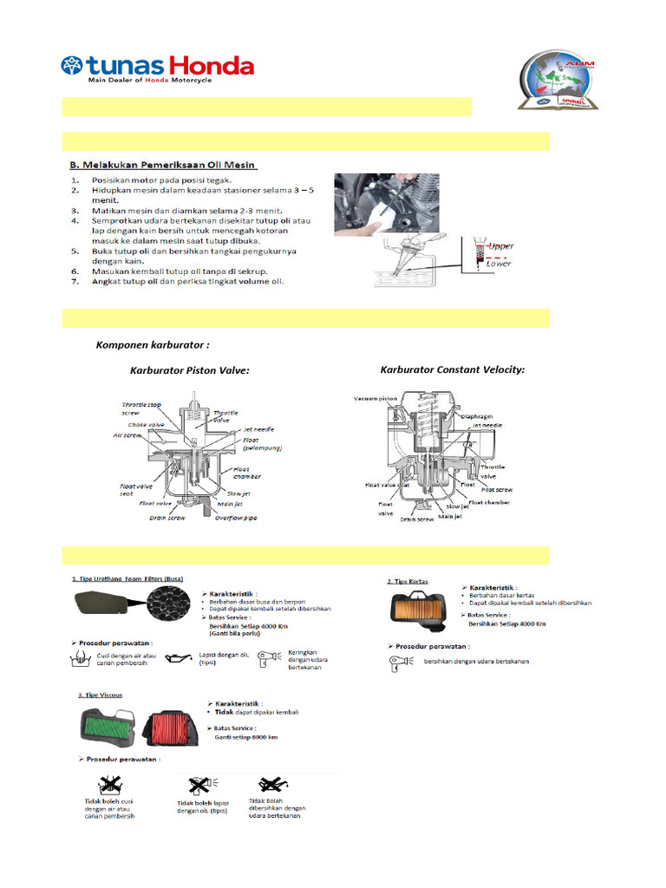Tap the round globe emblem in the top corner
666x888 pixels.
point(557,82)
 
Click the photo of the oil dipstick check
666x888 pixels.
point(387,205)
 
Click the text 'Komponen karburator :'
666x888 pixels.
point(153,345)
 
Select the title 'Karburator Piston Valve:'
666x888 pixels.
point(189,370)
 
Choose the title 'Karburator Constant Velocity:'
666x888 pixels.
point(452,369)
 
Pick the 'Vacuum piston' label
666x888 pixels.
point(375,398)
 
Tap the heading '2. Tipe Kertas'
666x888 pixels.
point(408,581)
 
